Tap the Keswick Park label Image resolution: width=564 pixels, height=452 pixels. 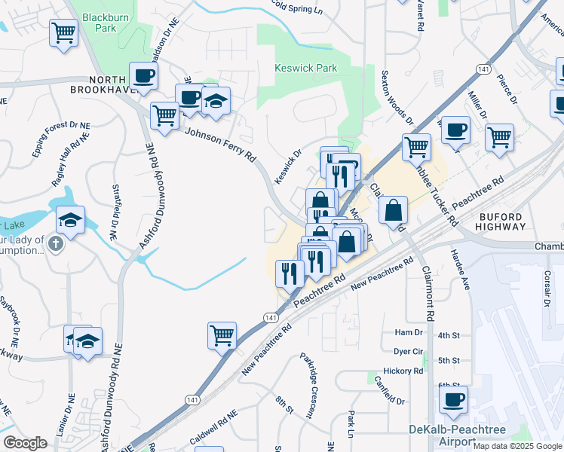(304, 69)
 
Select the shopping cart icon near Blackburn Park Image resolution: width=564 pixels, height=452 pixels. (64, 32)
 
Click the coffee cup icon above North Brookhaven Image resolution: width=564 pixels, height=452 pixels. (143, 75)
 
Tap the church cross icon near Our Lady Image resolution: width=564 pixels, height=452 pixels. (55, 244)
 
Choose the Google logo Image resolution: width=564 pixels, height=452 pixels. (26, 443)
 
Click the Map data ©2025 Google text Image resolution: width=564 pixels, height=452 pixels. (517, 445)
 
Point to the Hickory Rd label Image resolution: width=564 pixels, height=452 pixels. (403, 371)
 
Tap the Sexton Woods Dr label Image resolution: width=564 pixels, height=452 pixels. (397, 96)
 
